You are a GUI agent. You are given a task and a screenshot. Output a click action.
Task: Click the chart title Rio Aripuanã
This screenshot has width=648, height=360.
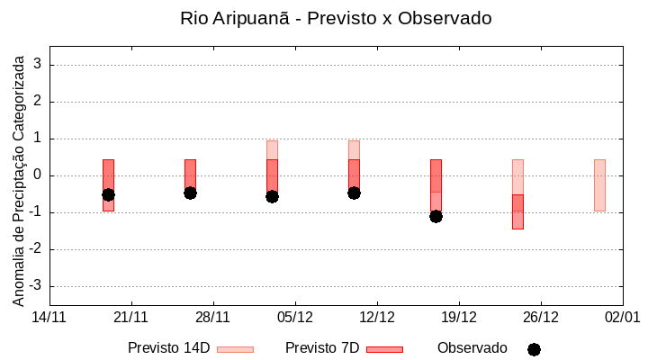point(336,19)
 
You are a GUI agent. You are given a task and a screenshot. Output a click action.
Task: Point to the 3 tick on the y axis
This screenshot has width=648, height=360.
point(39,65)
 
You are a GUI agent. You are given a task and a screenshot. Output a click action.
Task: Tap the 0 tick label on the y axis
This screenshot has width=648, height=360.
point(39,175)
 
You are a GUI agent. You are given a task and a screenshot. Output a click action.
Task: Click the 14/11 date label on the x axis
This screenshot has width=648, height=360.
point(49,317)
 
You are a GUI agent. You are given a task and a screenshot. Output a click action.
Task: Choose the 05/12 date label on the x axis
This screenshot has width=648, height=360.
point(295,317)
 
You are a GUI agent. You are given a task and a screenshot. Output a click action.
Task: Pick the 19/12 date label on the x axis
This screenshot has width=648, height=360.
point(459,317)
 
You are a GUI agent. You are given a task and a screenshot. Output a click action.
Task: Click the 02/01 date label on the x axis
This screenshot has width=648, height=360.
point(622,317)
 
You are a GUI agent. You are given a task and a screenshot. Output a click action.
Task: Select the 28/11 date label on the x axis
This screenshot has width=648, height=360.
point(213,317)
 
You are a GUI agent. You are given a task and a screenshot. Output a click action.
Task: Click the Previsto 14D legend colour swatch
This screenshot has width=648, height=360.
point(235,349)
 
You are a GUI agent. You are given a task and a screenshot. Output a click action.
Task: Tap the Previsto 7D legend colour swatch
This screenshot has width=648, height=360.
point(384,349)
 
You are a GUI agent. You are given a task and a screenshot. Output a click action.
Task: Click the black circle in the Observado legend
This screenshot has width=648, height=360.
point(534,349)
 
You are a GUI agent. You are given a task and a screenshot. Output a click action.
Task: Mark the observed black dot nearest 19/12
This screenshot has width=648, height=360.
point(436,216)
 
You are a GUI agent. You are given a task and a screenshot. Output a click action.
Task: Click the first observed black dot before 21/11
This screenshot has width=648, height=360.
point(108,194)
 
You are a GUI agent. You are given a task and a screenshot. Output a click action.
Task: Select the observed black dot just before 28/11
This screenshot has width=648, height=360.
point(190,193)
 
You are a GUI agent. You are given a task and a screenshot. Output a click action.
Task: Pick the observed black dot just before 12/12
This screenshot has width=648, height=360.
point(354,193)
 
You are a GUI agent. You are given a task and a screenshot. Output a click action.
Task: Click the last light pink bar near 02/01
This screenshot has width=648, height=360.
point(599,184)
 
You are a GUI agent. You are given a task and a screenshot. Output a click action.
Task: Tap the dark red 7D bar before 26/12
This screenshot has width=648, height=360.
point(517,211)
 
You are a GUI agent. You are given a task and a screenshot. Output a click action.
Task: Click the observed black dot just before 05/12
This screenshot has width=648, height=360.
point(272,196)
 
